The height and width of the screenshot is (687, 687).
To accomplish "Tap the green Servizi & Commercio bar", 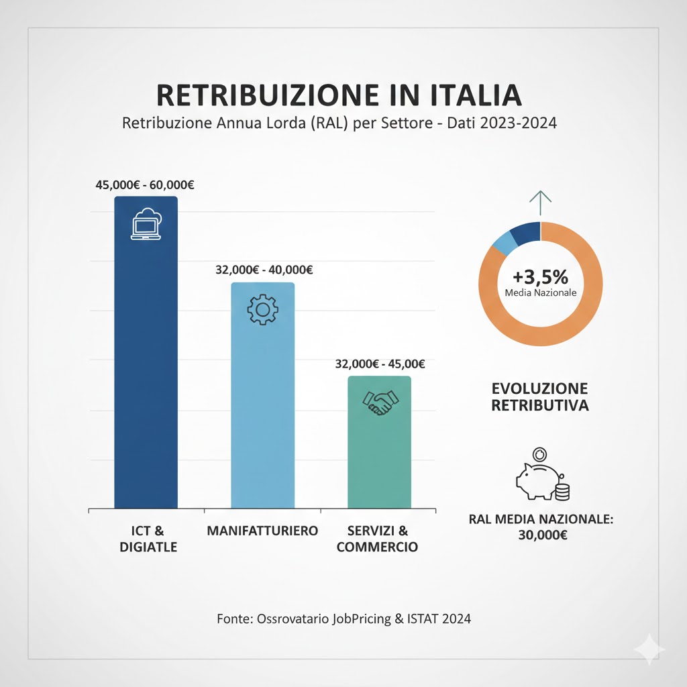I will coord(379,450).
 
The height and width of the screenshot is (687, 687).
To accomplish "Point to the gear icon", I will coord(262,309).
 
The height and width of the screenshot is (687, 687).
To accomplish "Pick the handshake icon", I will coord(380,403).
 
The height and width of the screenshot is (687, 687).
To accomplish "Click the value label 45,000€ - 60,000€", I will coord(140,185).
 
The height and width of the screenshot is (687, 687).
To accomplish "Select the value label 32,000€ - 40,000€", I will coord(263,270).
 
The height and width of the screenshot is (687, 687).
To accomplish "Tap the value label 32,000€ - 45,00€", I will coord(380,364).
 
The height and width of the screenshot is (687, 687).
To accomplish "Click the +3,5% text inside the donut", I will coord(540,276).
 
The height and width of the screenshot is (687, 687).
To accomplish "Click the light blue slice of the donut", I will coord(505,244).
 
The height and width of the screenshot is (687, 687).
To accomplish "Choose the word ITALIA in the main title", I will coord(472,95).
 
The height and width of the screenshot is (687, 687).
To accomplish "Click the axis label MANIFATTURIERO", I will coord(262,531).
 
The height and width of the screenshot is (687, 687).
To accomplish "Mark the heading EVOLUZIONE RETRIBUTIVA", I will coord(540,397).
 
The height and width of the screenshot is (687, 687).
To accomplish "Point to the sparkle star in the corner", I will coord(650,650).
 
